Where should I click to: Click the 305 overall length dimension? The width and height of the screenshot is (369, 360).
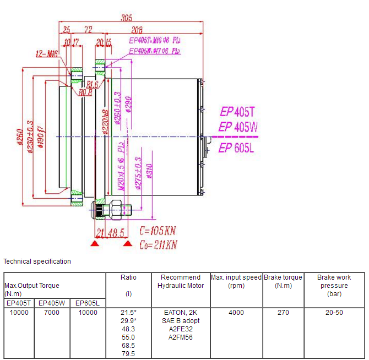(126, 18)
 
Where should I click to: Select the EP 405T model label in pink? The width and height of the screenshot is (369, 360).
(238, 111)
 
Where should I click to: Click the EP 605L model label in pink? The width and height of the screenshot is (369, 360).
(236, 148)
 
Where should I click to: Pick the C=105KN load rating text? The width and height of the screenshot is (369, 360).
(158, 230)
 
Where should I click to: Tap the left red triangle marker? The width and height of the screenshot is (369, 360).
(95, 243)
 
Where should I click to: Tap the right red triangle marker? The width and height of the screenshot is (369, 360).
(128, 243)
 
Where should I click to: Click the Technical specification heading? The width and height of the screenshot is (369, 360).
(37, 261)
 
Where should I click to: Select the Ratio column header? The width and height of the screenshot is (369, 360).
(128, 277)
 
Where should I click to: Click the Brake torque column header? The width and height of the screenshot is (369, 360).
(283, 281)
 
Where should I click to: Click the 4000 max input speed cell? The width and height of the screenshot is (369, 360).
(236, 313)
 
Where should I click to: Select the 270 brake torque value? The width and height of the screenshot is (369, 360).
(283, 313)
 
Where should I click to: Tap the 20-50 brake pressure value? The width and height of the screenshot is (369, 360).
(333, 313)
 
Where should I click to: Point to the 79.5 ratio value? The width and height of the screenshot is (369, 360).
(128, 354)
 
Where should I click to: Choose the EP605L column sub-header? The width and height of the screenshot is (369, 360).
(87, 303)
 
